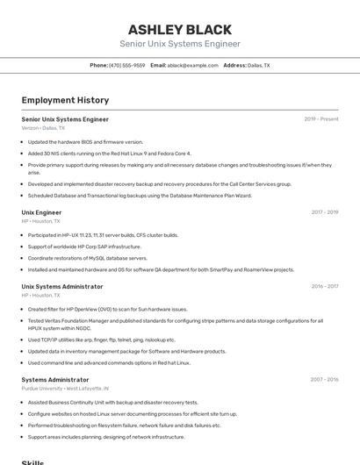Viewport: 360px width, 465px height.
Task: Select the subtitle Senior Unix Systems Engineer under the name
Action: coord(180,44)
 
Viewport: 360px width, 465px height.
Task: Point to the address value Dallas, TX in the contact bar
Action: coord(258,65)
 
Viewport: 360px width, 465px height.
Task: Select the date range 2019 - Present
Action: coord(320,118)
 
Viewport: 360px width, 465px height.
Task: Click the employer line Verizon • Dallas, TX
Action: coord(43,128)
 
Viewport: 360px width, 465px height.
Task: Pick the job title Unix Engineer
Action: coord(41,212)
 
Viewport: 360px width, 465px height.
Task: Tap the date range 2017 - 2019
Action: coord(324,212)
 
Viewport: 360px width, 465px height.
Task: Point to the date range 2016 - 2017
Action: coord(324,286)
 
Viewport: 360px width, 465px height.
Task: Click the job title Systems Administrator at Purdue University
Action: coord(55,379)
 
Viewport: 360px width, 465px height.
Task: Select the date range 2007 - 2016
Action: coord(323,379)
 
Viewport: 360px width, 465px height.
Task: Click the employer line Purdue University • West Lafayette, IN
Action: coord(65,388)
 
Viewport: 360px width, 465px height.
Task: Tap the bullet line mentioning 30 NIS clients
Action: coord(109,153)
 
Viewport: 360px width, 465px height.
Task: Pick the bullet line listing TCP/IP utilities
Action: coord(101,340)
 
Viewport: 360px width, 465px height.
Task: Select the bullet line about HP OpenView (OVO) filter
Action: coord(107,309)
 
